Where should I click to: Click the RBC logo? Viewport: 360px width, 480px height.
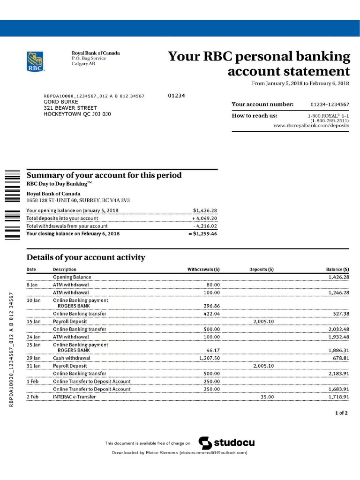36,61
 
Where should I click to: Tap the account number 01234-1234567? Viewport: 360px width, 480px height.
330,104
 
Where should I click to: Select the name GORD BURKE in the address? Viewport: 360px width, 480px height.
61,102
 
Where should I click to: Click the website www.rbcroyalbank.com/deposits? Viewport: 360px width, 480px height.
311,126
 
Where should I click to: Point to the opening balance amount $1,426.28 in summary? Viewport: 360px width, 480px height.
205,210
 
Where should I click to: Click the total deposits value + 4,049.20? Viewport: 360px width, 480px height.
204,218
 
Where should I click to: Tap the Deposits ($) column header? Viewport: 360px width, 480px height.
262,270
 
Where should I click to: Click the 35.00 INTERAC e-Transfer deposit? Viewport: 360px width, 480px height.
267,397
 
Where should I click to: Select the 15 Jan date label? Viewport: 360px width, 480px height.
32,322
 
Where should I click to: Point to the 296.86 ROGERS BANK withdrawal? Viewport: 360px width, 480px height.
210,306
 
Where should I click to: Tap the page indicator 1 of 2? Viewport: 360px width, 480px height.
341,413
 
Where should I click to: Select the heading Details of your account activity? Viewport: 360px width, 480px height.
86,257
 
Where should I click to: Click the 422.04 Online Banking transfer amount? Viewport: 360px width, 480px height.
210,314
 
